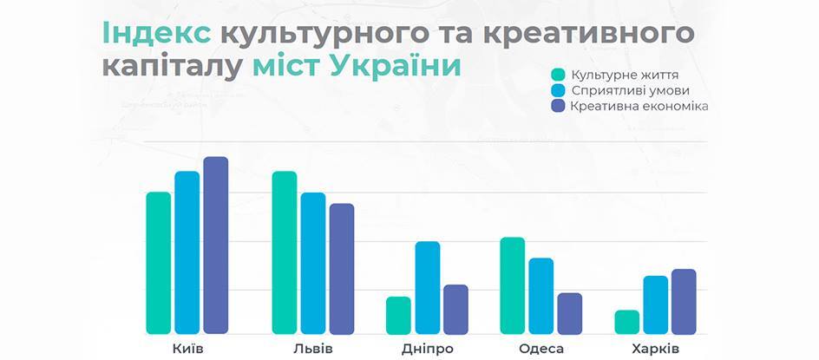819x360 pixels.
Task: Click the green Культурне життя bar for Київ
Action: click(x=158, y=263)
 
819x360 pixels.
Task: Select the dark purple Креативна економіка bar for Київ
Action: click(x=216, y=245)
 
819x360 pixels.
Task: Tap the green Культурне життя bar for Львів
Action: click(x=285, y=252)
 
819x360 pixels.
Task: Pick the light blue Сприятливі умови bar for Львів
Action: click(x=313, y=264)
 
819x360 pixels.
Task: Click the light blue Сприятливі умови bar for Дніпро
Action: click(x=428, y=287)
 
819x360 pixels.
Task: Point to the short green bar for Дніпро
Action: click(x=398, y=315)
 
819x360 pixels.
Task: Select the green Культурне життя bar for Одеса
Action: click(x=513, y=285)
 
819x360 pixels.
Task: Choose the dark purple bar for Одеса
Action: click(x=569, y=313)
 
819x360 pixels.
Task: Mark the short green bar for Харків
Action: click(x=626, y=322)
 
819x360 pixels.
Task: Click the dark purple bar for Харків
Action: click(x=684, y=302)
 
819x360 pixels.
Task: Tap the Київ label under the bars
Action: click(x=187, y=349)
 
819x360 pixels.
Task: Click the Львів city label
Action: click(x=313, y=349)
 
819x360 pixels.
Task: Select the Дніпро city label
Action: click(x=428, y=349)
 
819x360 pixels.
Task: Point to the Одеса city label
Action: click(x=541, y=349)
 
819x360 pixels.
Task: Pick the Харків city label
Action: click(x=656, y=349)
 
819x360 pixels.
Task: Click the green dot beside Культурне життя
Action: click(x=558, y=75)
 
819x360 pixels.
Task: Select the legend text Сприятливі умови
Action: click(x=630, y=91)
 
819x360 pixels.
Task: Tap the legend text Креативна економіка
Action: click(x=639, y=107)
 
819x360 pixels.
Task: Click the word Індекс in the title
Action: click(x=157, y=34)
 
